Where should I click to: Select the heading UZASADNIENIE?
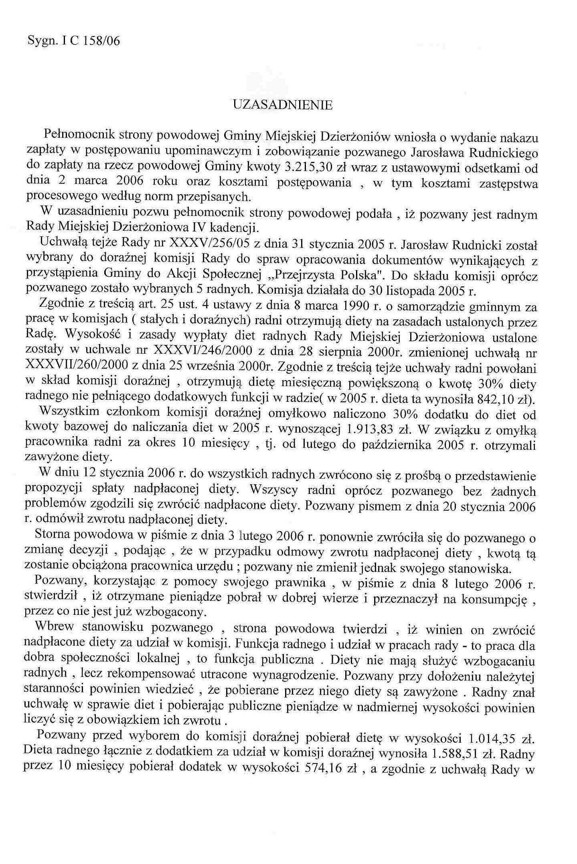(x=283, y=105)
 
